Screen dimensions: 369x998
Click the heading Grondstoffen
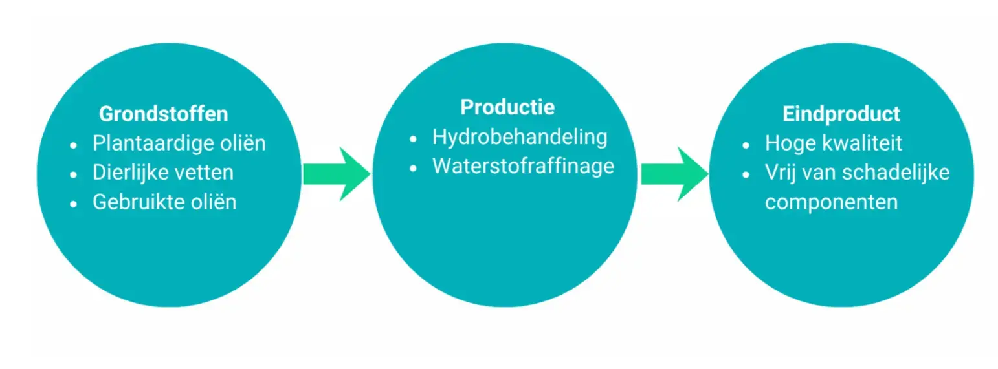163,114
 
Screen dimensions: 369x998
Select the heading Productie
507,107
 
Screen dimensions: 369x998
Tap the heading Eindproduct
841,114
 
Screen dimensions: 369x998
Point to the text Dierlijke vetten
163,173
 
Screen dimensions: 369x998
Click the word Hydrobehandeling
520,137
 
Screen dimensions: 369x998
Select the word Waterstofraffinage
523,166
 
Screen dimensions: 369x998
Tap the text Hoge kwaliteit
833,143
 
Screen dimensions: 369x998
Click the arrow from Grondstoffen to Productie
336,173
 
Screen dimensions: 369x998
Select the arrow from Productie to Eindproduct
674,173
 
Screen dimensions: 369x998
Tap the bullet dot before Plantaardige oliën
74,144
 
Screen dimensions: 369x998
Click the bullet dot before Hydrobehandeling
414,138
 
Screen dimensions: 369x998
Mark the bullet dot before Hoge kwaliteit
746,144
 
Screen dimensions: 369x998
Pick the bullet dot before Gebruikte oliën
74,203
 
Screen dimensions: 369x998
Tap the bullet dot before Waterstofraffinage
414,167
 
